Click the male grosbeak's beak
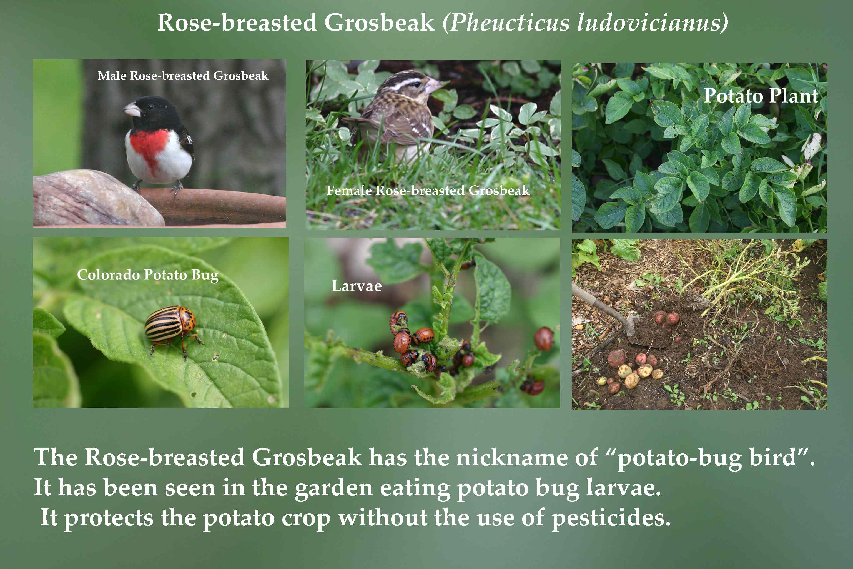(132, 109)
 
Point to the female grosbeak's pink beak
(434, 86)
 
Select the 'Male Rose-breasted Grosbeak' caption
(183, 76)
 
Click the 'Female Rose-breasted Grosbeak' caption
(428, 190)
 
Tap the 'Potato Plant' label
(761, 96)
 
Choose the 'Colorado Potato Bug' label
(148, 275)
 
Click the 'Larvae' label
(357, 286)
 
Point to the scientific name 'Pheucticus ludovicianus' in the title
(585, 23)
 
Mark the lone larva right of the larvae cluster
(543, 339)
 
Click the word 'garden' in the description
(334, 488)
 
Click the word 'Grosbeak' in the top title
(379, 23)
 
